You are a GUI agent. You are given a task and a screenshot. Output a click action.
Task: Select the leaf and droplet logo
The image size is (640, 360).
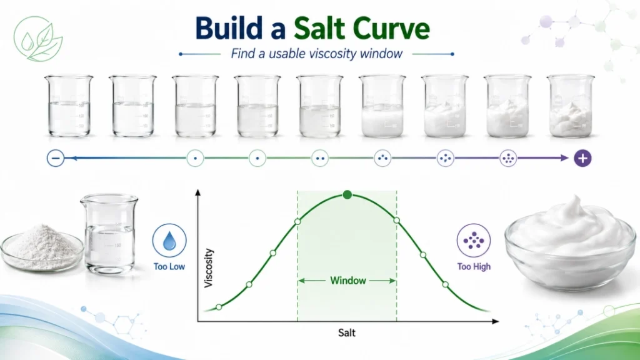[38, 39]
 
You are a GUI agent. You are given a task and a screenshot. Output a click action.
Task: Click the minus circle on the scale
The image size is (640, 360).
[56, 158]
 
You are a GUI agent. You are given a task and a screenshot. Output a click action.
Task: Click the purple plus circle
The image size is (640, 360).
[582, 158]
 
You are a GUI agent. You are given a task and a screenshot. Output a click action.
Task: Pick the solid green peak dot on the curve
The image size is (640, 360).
[347, 195]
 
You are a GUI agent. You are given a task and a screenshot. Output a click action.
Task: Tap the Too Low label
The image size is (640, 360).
[169, 266]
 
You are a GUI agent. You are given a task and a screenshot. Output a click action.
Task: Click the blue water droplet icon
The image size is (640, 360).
[169, 241]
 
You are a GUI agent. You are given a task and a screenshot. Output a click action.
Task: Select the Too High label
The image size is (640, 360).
[474, 266]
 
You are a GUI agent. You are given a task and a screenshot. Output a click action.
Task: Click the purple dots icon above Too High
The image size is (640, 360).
[474, 241]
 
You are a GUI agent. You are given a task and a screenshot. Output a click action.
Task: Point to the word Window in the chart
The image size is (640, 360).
[347, 281]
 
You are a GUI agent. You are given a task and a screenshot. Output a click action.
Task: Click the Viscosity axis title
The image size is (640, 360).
[209, 267]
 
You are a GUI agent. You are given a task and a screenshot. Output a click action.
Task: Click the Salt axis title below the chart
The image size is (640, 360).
[346, 332]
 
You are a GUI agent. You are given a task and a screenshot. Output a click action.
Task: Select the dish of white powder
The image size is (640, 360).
[42, 247]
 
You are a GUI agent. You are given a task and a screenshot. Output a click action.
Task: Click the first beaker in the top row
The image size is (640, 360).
[69, 106]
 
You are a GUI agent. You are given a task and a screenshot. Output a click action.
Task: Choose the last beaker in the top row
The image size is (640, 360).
[571, 106]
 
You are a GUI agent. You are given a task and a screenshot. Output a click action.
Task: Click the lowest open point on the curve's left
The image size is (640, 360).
[219, 307]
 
